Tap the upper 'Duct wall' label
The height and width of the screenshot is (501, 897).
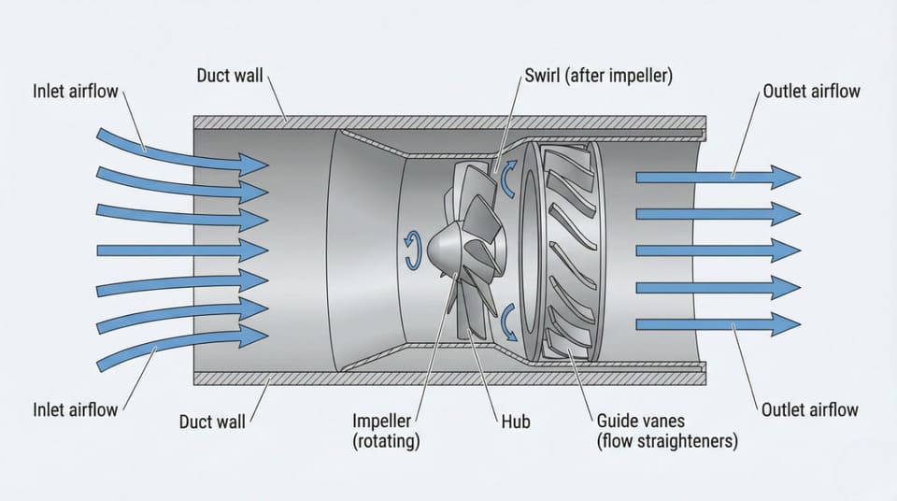click(x=231, y=75)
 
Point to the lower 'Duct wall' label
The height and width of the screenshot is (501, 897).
click(x=212, y=422)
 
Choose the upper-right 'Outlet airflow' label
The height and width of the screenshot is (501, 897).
click(x=810, y=92)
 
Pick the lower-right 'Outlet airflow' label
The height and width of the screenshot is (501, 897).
click(x=810, y=409)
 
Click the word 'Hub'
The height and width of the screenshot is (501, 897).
click(x=514, y=422)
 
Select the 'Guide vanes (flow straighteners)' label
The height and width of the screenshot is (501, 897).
click(x=666, y=431)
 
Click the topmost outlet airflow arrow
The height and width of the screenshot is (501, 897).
click(x=715, y=177)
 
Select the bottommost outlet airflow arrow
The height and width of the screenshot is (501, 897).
click(x=715, y=324)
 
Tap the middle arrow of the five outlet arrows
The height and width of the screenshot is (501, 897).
click(x=715, y=250)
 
